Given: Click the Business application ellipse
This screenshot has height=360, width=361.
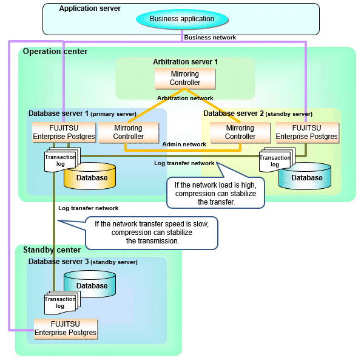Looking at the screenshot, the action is (182, 19).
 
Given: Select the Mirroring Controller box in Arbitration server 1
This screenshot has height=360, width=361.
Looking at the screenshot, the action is (185, 78).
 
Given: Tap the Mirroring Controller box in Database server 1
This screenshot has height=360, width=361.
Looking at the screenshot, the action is (129, 132).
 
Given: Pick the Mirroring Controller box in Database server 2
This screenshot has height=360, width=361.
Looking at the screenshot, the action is (240, 132).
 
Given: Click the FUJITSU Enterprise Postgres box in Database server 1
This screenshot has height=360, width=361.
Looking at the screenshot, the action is (64, 132).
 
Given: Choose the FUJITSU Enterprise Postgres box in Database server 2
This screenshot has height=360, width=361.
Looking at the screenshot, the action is (307, 132).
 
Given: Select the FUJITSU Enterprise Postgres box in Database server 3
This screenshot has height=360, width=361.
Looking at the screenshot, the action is (66, 328).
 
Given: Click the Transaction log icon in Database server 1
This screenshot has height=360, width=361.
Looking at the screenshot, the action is (62, 160).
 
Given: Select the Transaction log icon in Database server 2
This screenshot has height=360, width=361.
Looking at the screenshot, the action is (277, 160).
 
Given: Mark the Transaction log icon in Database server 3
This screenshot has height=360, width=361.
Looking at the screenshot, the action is (62, 303).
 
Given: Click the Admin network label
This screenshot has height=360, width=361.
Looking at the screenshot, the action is (184, 144).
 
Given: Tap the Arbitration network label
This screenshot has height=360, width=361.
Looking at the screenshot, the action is (185, 98).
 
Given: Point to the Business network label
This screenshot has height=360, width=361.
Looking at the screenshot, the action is (210, 38).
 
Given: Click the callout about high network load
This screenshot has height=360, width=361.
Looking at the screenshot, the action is (215, 193).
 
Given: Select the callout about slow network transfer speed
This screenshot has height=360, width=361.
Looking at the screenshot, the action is (152, 233).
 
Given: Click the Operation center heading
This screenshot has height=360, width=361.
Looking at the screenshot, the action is (55, 51).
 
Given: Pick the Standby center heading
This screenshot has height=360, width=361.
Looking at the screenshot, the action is (52, 250).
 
